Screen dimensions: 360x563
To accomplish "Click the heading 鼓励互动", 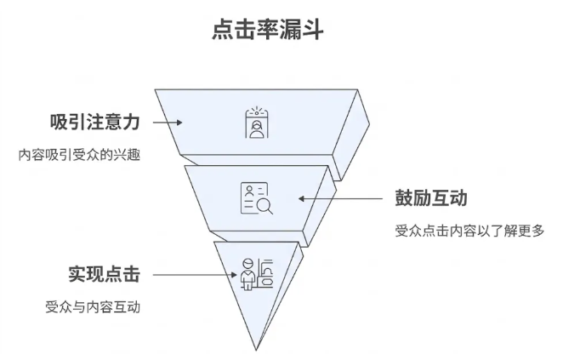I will point(430,198).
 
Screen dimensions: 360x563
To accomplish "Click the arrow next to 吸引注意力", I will point(168,121).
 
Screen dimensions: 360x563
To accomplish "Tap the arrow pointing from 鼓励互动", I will point(340,198).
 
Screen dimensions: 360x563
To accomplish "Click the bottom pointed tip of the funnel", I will point(256,348).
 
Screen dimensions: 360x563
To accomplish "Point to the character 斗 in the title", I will point(311,30).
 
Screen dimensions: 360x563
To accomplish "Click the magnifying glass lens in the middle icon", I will point(264,203).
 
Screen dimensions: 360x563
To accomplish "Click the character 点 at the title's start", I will point(223,30).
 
